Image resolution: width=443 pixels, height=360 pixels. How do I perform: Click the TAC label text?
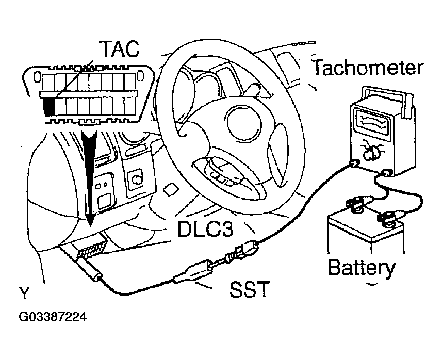(119, 48)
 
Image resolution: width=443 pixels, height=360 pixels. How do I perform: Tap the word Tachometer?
(367, 68)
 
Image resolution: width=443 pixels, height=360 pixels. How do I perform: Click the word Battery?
(362, 268)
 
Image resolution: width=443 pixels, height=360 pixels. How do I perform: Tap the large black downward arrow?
(91, 175)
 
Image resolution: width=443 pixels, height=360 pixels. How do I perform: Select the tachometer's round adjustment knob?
(371, 152)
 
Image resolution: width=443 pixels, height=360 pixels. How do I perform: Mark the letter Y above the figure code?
(24, 294)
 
